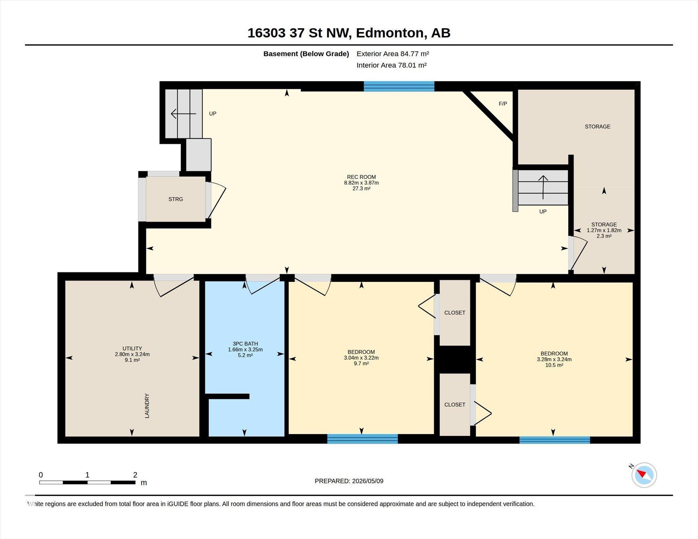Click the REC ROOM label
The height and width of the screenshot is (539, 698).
pyautogui.click(x=361, y=177)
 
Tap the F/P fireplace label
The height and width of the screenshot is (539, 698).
pyautogui.click(x=503, y=104)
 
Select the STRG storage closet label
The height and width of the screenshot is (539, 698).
pyautogui.click(x=176, y=199)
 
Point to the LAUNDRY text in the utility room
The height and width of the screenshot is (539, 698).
pyautogui.click(x=147, y=406)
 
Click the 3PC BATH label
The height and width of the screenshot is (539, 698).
pyautogui.click(x=245, y=344)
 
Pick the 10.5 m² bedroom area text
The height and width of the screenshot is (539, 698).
pyautogui.click(x=554, y=365)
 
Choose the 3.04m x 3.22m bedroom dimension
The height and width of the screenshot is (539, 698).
pyautogui.click(x=361, y=358)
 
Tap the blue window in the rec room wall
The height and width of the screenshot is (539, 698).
pyautogui.click(x=399, y=86)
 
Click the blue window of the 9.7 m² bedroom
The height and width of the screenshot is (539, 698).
pyautogui.click(x=363, y=439)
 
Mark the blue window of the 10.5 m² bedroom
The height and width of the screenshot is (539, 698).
pyautogui.click(x=555, y=440)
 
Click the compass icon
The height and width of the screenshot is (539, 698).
pyautogui.click(x=644, y=475)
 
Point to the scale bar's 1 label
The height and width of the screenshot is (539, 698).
pyautogui.click(x=87, y=475)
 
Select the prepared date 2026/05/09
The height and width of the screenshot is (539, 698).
pyautogui.click(x=368, y=481)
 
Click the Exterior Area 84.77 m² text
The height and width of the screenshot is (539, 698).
pyautogui.click(x=393, y=54)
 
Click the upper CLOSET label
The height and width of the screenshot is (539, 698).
pyautogui.click(x=455, y=313)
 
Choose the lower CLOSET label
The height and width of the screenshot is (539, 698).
pyautogui.click(x=455, y=405)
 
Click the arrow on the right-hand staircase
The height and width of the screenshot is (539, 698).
pyautogui.click(x=543, y=187)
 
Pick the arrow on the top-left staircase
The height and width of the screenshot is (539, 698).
pyautogui.click(x=184, y=114)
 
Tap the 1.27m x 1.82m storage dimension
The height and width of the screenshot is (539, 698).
pyautogui.click(x=604, y=230)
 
